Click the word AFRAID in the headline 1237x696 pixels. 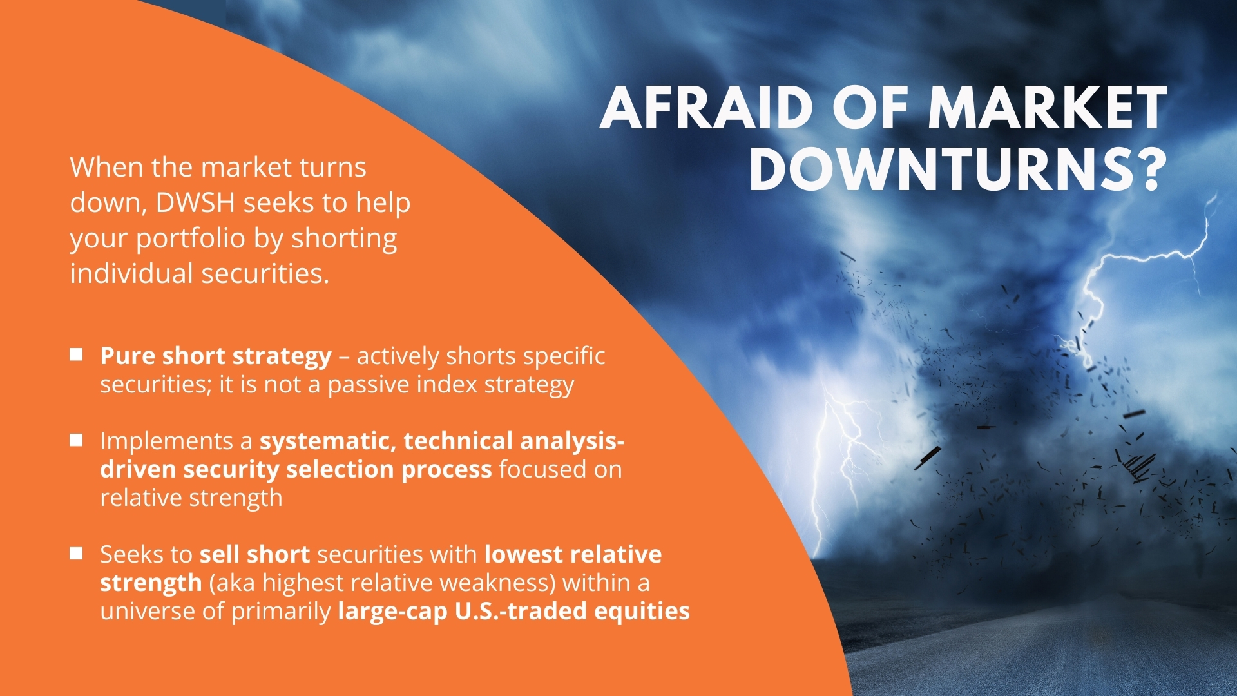[x=706, y=108]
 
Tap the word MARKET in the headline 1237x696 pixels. [x=1047, y=108]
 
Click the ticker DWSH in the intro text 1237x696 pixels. [x=195, y=202]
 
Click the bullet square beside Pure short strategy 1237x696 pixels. [x=76, y=354]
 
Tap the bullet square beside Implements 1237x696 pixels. [x=76, y=440]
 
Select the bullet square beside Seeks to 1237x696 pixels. [x=76, y=554]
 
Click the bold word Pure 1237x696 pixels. [x=127, y=356]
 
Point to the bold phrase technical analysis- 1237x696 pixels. [x=514, y=441]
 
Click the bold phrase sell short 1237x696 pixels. [x=254, y=554]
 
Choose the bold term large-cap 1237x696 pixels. [x=392, y=612]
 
